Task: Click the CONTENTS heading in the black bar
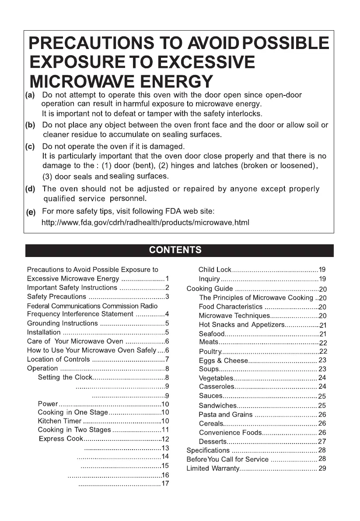pyautogui.click(x=175, y=250)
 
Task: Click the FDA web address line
pyautogui.click(x=145, y=223)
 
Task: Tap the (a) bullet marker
pyautogui.click(x=31, y=95)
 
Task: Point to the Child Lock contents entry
pyautogui.click(x=214, y=270)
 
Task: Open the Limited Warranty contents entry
pyautogui.click(x=213, y=468)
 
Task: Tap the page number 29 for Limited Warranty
pyautogui.click(x=322, y=468)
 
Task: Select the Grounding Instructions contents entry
pyautogui.click(x=62, y=324)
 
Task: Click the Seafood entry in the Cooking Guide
pyautogui.click(x=212, y=334)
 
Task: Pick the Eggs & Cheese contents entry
pyautogui.click(x=223, y=360)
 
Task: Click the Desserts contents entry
pyautogui.click(x=213, y=441)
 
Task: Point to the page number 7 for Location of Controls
pyautogui.click(x=167, y=359)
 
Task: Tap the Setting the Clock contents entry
pyautogui.click(x=65, y=377)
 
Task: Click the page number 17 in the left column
pyautogui.click(x=165, y=484)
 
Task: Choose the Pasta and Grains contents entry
pyautogui.click(x=225, y=414)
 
